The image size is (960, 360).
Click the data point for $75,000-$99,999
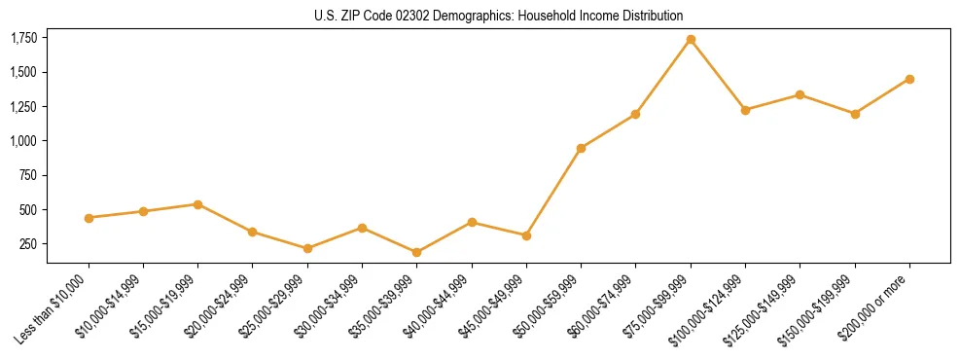click(691, 40)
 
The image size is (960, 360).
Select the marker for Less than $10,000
click(89, 218)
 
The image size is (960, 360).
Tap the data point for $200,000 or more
click(909, 79)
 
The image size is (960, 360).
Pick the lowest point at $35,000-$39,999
click(416, 252)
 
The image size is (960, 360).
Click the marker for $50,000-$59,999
click(581, 149)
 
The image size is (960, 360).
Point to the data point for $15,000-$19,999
click(197, 204)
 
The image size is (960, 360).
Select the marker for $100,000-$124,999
click(745, 110)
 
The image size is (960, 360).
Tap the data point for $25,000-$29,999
click(307, 248)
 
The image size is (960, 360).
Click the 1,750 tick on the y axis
click(23, 38)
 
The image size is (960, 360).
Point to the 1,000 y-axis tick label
click(23, 141)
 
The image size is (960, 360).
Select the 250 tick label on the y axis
click(28, 244)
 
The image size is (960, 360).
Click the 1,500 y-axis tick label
click(23, 72)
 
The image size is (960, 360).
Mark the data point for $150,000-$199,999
click(855, 114)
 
